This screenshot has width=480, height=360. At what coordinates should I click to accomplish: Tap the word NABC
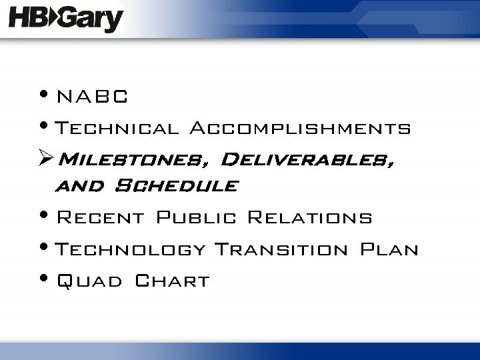point(92,97)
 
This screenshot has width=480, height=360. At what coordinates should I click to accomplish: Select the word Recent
point(100,218)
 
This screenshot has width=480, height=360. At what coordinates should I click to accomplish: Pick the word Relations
point(309,218)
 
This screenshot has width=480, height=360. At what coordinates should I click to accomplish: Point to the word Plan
point(389,250)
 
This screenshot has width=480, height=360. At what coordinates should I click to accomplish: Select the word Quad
point(89,281)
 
